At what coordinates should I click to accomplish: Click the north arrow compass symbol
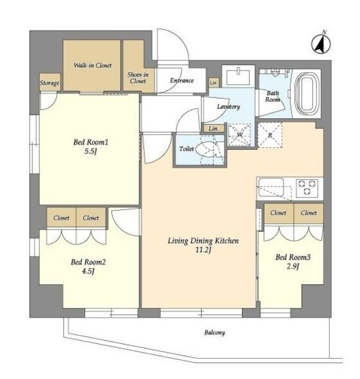click(321, 44)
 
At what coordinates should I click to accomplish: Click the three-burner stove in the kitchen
click(307, 188)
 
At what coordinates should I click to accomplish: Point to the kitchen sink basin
click(271, 188)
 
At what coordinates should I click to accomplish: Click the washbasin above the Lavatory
click(238, 76)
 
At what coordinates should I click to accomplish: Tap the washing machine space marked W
click(239, 135)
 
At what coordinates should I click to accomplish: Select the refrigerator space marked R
click(270, 135)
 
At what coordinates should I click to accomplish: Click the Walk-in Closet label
click(93, 65)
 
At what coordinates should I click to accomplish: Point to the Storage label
click(50, 83)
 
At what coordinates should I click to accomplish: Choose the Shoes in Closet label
click(138, 78)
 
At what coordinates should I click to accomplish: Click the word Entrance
click(182, 80)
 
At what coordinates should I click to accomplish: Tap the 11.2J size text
click(203, 250)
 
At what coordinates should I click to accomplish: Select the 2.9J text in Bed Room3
click(293, 266)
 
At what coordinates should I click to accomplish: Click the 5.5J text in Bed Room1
click(91, 151)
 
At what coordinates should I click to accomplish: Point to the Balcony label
click(214, 333)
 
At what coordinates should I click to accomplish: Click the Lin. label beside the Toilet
click(214, 129)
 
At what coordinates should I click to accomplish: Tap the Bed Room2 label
click(88, 262)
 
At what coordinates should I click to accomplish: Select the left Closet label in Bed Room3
click(278, 213)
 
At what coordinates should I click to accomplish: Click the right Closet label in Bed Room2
click(91, 218)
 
